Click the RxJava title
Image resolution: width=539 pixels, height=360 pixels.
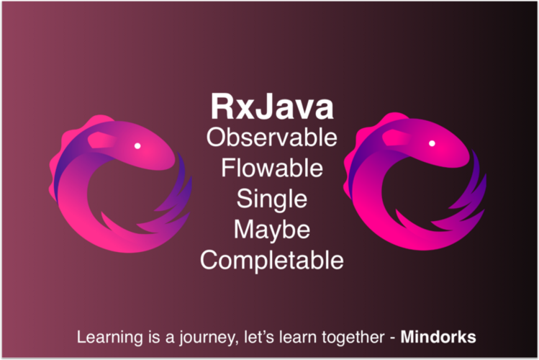tap(271, 107)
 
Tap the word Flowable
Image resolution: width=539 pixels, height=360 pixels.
tap(271, 168)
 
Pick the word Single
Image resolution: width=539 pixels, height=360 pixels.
tap(271, 199)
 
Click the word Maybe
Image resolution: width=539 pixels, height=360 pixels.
tap(271, 230)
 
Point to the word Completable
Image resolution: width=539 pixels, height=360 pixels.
tap(271, 260)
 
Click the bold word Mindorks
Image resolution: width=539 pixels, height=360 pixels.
tap(438, 336)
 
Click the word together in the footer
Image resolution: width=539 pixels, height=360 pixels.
tap(350, 336)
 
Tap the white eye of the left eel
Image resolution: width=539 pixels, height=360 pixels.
tap(137, 146)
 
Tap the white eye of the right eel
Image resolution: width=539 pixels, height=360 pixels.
tap(432, 143)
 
